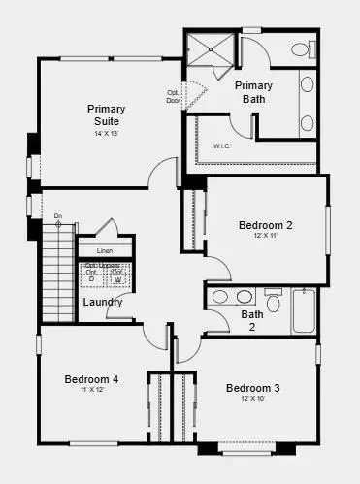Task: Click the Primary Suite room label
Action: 106,115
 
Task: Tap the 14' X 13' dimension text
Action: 106,133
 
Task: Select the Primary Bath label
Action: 254,91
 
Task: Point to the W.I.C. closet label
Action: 222,147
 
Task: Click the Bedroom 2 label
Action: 266,225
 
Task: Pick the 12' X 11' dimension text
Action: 266,236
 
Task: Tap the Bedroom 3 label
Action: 252,388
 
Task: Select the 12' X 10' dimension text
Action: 252,399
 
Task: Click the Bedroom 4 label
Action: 91,379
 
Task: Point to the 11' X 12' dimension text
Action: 91,390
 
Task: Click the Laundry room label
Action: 102,302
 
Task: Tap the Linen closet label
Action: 104,251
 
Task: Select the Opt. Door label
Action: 174,97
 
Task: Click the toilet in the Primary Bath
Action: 301,49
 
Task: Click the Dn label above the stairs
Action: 58,215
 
